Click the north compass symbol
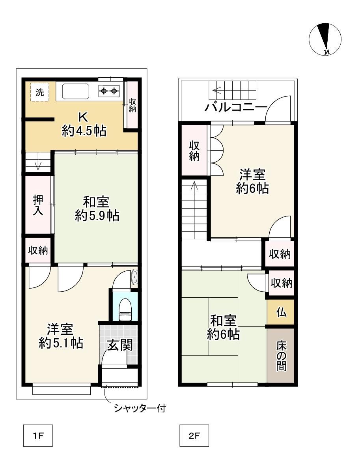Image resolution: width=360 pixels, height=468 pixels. coord(325,39)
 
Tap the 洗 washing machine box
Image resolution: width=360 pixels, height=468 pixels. coord(40,92)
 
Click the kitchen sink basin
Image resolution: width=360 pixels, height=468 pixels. coord(76,91)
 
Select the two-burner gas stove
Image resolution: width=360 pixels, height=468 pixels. coord(109,90)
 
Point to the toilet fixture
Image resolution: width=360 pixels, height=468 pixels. coord(125,310)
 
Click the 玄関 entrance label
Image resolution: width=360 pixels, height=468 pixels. coord(120,345)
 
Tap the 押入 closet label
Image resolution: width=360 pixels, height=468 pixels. coord(38,205)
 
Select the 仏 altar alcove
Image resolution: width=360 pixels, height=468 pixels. coord(281,312)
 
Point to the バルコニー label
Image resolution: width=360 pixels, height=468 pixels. coord(236,107)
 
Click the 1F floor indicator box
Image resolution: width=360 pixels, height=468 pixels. coord(38,435)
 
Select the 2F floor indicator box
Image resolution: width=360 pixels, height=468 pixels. coord(194,435)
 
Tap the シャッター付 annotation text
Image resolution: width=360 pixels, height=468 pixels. coord(140,408)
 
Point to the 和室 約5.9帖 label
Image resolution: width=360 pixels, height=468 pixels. coord(97,209)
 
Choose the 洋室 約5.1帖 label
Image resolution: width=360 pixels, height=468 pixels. coord(61,336)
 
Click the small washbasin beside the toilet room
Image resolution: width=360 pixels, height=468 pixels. coord(134,278)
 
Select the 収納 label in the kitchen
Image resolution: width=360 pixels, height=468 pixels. coord(132,105)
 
